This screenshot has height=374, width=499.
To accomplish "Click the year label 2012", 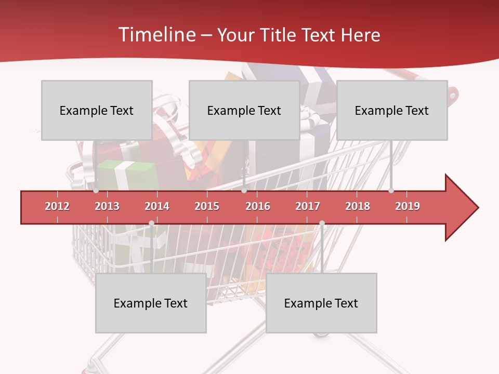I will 57,206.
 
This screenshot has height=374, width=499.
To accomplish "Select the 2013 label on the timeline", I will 107,206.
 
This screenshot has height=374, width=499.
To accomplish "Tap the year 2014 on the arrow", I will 157,206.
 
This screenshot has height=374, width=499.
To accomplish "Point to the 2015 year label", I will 207,206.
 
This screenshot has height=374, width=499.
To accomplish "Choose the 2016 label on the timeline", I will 258,206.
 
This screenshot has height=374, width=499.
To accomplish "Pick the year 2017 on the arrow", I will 308,206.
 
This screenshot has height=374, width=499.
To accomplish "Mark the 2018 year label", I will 358,206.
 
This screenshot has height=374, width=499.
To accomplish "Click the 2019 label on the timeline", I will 408,206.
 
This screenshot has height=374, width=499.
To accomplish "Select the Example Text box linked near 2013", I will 97,110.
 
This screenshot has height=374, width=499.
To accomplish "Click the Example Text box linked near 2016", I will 244,110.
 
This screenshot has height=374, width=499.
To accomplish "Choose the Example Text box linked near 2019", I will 392,110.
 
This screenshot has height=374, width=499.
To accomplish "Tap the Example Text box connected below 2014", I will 151,303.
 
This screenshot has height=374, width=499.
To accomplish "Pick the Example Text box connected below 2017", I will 321,303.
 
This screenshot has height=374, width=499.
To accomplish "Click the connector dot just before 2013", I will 96,191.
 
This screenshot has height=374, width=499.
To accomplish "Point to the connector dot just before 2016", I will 244,191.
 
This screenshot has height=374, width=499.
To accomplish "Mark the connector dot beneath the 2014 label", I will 151,223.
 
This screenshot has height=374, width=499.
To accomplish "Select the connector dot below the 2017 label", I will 322,223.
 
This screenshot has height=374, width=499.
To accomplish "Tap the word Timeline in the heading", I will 156,35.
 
